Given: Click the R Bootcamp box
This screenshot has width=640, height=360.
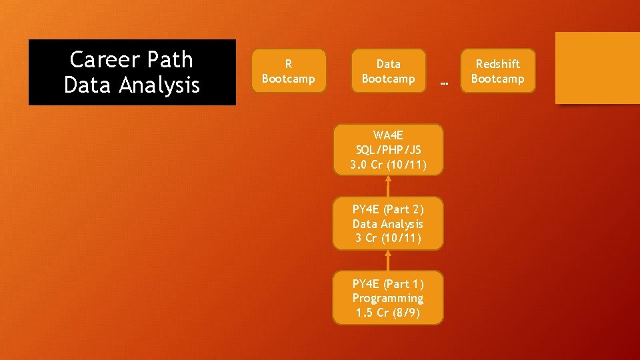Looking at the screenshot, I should pyautogui.click(x=288, y=71).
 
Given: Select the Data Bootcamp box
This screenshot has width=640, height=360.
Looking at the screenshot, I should pyautogui.click(x=388, y=71).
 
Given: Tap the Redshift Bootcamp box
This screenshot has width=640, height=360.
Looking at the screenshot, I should pyautogui.click(x=497, y=71).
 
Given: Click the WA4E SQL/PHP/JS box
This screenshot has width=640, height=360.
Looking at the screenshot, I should pyautogui.click(x=387, y=150).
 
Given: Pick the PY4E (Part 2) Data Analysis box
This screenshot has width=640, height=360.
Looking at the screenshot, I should pyautogui.click(x=387, y=224).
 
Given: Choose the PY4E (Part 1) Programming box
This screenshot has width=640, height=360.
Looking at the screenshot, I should pyautogui.click(x=387, y=298).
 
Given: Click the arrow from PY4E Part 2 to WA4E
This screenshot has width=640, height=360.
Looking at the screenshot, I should pyautogui.click(x=387, y=186).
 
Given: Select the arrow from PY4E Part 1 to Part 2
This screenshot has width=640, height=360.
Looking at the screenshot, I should pyautogui.click(x=387, y=260).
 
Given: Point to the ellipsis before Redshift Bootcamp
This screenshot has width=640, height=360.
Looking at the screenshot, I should pyautogui.click(x=445, y=83).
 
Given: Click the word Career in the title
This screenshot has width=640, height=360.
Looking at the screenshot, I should pyautogui.click(x=99, y=60).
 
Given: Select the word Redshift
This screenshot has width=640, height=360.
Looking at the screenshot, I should pyautogui.click(x=497, y=64).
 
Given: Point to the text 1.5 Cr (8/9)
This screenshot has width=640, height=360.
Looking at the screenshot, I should pyautogui.click(x=387, y=313).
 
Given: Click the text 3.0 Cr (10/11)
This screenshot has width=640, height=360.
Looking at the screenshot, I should pyautogui.click(x=387, y=165).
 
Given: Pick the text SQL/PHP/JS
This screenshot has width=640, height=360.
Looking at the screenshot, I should pyautogui.click(x=387, y=150).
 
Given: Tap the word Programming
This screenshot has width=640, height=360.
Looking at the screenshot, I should pyautogui.click(x=387, y=298).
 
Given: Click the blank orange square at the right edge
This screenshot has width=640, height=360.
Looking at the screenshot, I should pyautogui.click(x=597, y=68).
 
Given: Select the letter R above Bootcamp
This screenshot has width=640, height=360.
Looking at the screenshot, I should pyautogui.click(x=288, y=64).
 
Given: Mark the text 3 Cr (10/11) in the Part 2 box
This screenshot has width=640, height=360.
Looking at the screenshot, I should pyautogui.click(x=387, y=239).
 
